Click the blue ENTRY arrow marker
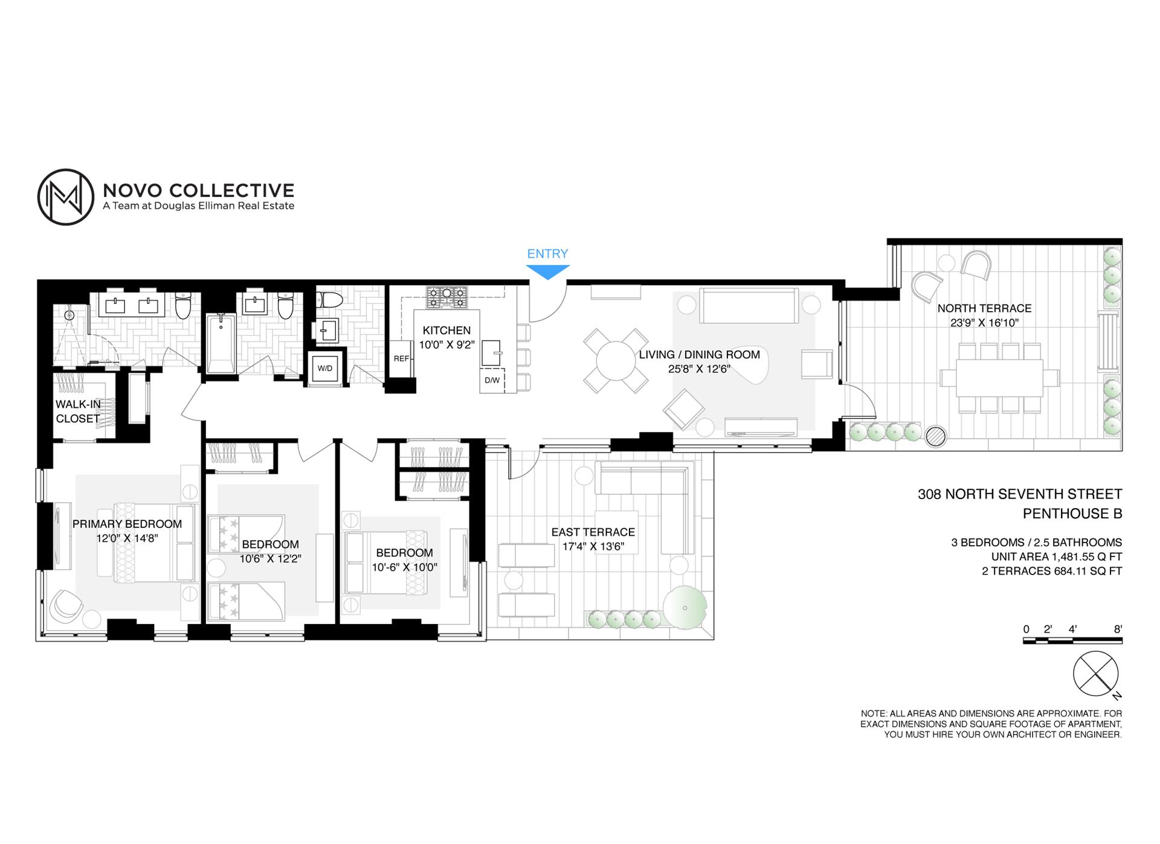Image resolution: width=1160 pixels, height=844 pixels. tap(548, 272)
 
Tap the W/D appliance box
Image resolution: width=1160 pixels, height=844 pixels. tap(325, 368)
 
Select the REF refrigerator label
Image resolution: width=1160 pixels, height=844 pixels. tap(401, 358)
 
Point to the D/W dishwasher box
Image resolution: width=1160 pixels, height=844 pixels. tap(492, 381)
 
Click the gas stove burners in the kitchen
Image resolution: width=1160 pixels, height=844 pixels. tap(447, 297)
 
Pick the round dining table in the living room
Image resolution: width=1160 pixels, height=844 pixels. tap(616, 361)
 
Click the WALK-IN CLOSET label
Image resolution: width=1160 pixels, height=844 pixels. tap(78, 411)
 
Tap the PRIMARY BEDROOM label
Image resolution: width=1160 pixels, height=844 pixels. tap(127, 524)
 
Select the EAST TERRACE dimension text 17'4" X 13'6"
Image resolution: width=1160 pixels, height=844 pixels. tap(593, 547)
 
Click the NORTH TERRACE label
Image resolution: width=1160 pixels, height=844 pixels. tap(984, 308)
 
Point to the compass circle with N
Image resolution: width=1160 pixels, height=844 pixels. tap(1095, 674)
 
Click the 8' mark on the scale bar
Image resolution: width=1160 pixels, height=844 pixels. tap(1118, 629)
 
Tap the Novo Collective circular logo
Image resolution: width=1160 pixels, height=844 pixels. tap(66, 197)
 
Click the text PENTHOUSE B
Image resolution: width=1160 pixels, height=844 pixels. tap(1072, 514)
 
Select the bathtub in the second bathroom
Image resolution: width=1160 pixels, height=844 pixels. tap(221, 343)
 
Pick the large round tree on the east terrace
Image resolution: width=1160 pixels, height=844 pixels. tap(685, 608)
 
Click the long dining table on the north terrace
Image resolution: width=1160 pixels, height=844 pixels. tap(1000, 378)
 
